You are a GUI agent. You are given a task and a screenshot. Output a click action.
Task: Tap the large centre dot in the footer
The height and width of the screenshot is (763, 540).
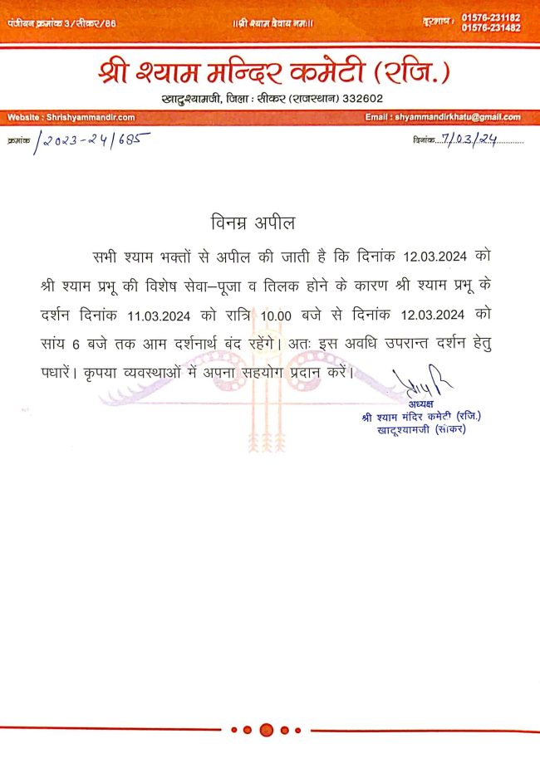267,730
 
